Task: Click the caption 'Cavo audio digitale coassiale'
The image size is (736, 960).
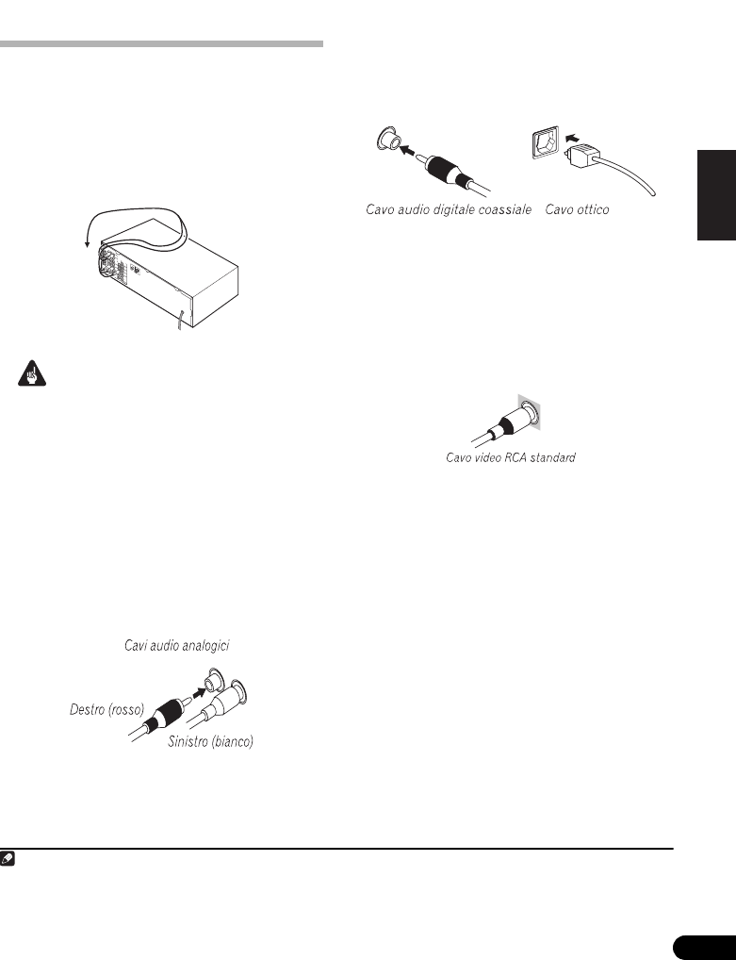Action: (x=450, y=209)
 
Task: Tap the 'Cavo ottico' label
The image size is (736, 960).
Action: (x=577, y=209)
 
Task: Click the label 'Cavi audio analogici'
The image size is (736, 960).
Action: (x=177, y=646)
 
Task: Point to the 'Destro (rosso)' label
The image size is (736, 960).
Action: (x=106, y=709)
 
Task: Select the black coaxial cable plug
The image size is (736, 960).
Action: (x=443, y=169)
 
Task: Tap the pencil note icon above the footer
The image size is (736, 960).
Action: (x=9, y=860)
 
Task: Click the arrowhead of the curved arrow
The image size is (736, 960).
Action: (x=86, y=244)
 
